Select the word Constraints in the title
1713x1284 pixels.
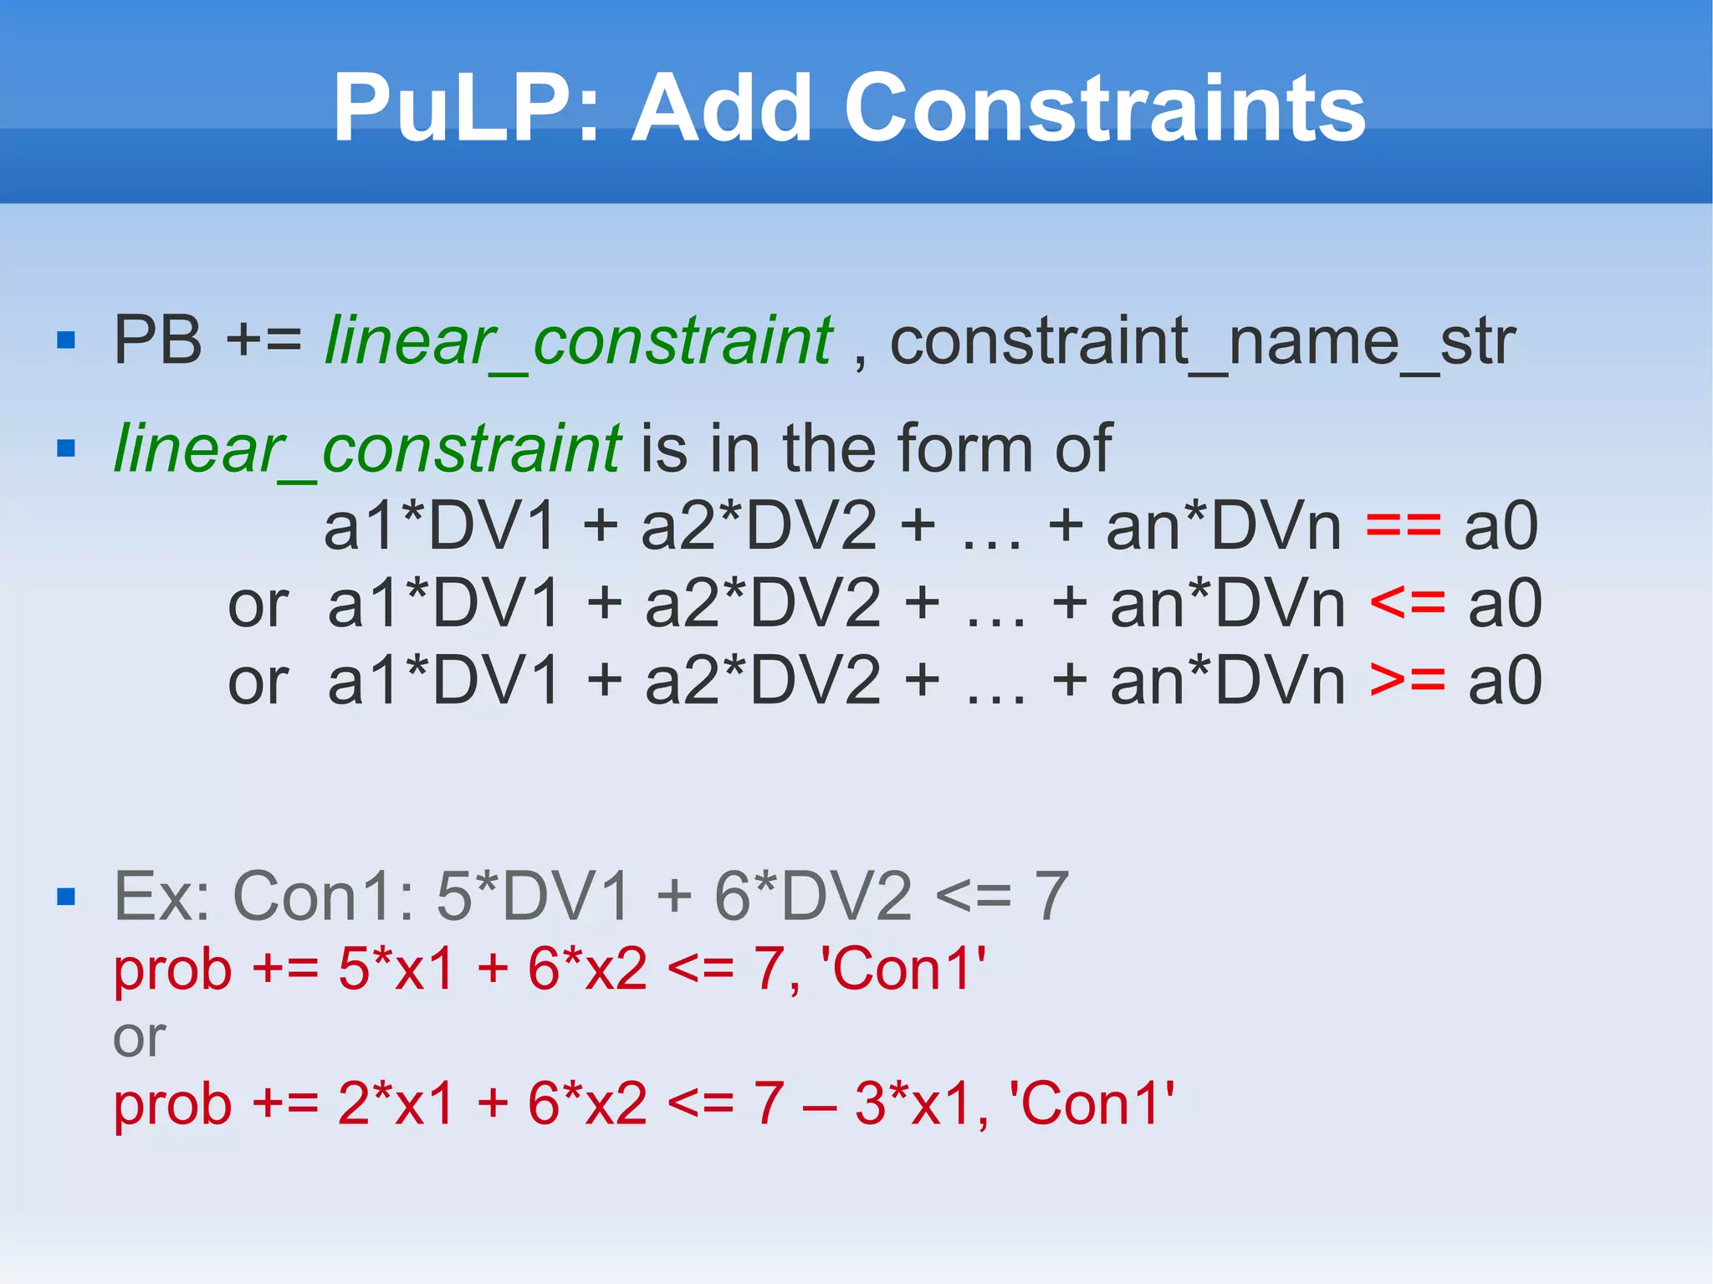1105,109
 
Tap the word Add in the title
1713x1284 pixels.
721,109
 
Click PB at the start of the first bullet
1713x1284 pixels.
157,340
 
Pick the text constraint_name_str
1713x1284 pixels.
1202,340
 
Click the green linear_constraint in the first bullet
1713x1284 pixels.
578,340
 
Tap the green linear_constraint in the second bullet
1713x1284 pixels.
367,449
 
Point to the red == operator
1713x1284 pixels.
1404,526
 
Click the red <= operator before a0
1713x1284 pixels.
1408,603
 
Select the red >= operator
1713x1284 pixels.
1408,680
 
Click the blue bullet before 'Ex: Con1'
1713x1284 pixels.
66,898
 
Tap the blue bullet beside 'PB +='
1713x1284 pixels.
66,341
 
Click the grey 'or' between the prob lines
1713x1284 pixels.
139,1038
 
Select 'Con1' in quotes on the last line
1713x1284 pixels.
1092,1103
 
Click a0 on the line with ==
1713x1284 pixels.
1501,526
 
